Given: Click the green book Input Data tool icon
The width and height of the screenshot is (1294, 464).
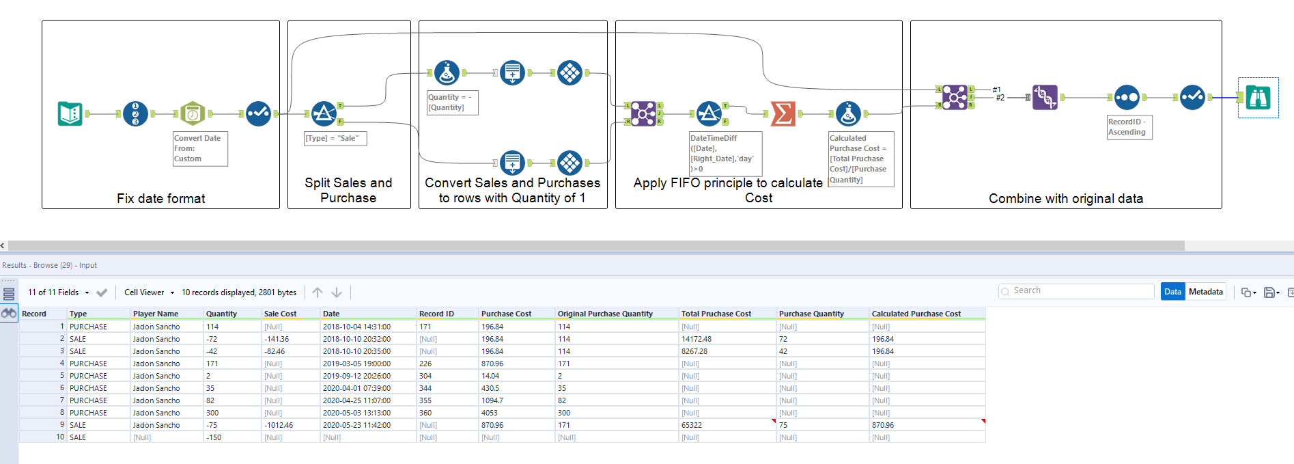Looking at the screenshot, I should (70, 113).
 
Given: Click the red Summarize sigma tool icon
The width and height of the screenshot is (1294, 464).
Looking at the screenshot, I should (783, 113).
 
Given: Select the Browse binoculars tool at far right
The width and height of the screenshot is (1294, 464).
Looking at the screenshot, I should (1258, 98).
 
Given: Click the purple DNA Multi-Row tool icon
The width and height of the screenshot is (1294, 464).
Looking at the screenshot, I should (1045, 98).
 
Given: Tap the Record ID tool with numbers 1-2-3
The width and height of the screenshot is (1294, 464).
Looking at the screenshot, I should (135, 113).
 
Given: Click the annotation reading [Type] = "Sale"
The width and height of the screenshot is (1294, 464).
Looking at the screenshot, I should (335, 138).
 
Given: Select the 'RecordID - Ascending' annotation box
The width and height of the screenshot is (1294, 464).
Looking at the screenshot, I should (1129, 127).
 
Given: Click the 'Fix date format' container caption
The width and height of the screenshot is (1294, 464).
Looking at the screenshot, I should (160, 198).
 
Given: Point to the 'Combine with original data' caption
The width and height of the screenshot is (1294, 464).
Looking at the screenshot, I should (1065, 198).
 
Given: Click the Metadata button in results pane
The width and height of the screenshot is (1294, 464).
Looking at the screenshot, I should (1205, 292).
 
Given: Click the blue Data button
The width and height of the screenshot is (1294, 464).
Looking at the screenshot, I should (1172, 292).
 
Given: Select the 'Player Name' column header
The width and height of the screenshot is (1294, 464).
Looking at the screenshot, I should (156, 314).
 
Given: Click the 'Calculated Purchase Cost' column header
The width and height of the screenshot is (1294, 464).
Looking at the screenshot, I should (916, 314).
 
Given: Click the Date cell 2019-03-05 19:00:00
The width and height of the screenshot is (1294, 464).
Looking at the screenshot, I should (356, 364).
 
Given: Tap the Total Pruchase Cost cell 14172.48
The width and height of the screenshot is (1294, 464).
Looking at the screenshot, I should (697, 339).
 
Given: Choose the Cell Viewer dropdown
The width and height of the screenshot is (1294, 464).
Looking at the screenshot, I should (148, 292).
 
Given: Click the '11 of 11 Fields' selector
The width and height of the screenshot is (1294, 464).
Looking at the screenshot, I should (58, 292).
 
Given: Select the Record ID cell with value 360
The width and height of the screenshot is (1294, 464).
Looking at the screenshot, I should (425, 413).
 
